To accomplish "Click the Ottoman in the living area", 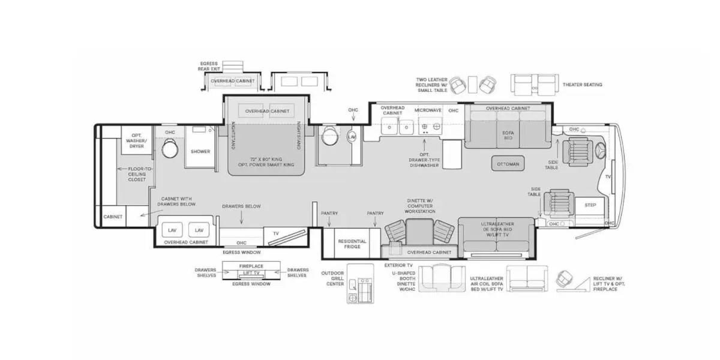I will [x=508, y=163].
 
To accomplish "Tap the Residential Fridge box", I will [x=352, y=244].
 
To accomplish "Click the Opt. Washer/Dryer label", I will [x=136, y=143].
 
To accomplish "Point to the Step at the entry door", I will [x=590, y=205].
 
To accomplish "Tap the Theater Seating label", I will [x=582, y=85].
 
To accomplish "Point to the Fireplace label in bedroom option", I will [x=251, y=265].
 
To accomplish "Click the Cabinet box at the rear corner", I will [x=112, y=217].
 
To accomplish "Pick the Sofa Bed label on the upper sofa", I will [x=508, y=134].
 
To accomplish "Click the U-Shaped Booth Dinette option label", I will [x=404, y=279].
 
